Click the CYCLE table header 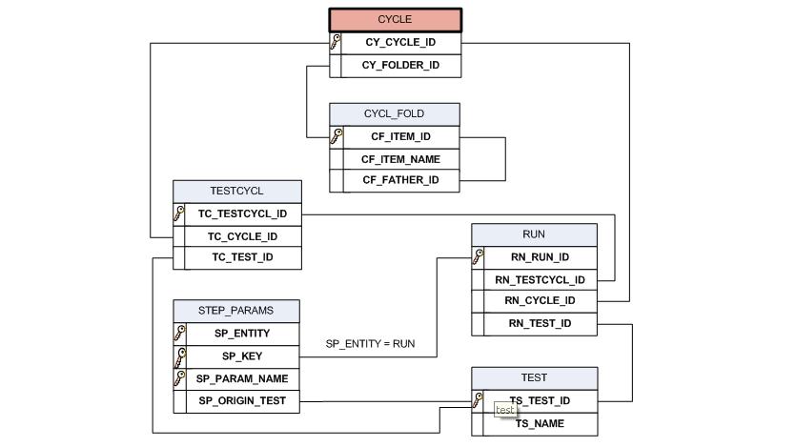[x=396, y=20]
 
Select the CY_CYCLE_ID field [x=400, y=43]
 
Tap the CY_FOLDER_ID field [x=400, y=66]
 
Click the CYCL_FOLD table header [x=395, y=114]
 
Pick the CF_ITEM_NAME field [x=400, y=159]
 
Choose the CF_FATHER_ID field [x=400, y=180]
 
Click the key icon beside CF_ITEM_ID [x=336, y=136]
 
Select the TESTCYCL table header [x=236, y=192]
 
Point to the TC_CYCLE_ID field [x=242, y=236]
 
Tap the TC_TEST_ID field [x=242, y=257]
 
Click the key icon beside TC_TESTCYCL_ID [x=178, y=213]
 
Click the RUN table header [x=534, y=234]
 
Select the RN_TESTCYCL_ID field [x=540, y=280]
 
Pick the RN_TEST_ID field [x=540, y=324]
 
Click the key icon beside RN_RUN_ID [x=478, y=256]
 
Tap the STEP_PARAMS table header [x=235, y=311]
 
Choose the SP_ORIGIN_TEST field [x=242, y=401]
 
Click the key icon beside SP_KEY [x=179, y=356]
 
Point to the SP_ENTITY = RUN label [x=370, y=343]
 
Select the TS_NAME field [x=540, y=423]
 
